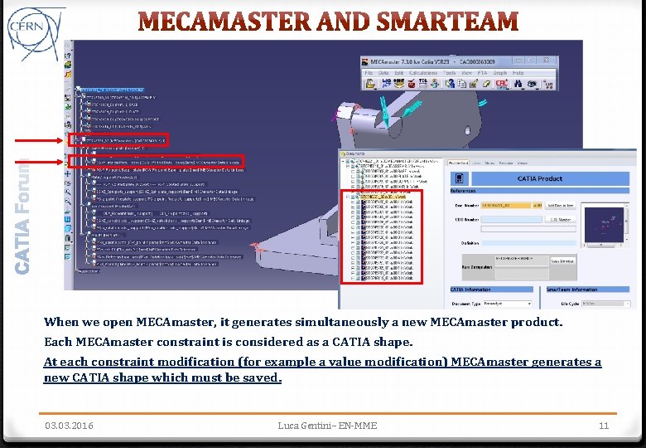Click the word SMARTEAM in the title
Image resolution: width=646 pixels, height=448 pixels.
pyautogui.click(x=443, y=22)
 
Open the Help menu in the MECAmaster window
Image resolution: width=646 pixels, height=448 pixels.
pyautogui.click(x=518, y=73)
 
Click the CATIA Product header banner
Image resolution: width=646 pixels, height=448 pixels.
pyautogui.click(x=539, y=178)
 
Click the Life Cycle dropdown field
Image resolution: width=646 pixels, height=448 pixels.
pyautogui.click(x=609, y=304)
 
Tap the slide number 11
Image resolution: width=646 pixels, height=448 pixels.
pyautogui.click(x=603, y=426)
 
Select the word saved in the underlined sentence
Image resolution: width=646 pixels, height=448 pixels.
pyautogui.click(x=262, y=378)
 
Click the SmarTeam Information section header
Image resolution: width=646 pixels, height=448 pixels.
pyautogui.click(x=572, y=290)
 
